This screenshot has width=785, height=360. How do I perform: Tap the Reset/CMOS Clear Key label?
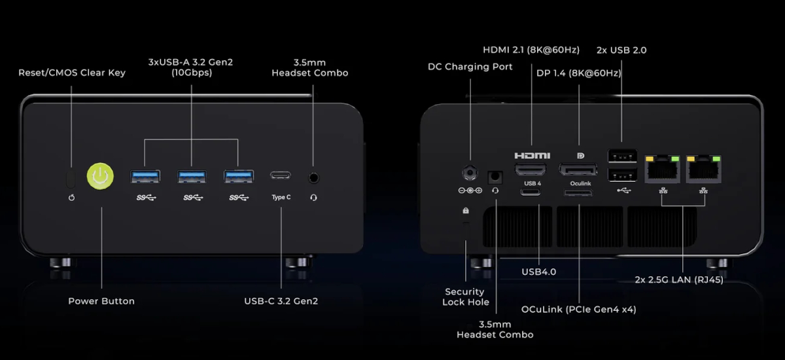(72, 73)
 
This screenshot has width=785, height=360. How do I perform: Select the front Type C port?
(281, 176)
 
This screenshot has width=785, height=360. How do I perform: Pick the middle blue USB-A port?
(192, 176)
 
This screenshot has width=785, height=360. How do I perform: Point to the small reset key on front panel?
(71, 177)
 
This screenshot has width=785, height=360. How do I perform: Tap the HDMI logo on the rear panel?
(532, 156)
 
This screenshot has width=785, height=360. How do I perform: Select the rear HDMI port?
(531, 170)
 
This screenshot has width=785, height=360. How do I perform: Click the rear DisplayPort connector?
(578, 170)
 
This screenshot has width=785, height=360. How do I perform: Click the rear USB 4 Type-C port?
(531, 193)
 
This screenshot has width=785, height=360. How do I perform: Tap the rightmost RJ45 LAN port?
(704, 170)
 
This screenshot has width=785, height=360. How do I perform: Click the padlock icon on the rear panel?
(466, 211)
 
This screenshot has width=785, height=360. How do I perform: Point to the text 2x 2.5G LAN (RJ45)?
(679, 279)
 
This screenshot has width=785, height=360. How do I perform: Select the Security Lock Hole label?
(465, 297)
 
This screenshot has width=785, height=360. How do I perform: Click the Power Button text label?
(101, 301)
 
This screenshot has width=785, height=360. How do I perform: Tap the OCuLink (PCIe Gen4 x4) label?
(578, 309)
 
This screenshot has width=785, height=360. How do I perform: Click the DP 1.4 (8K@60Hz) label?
(578, 73)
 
